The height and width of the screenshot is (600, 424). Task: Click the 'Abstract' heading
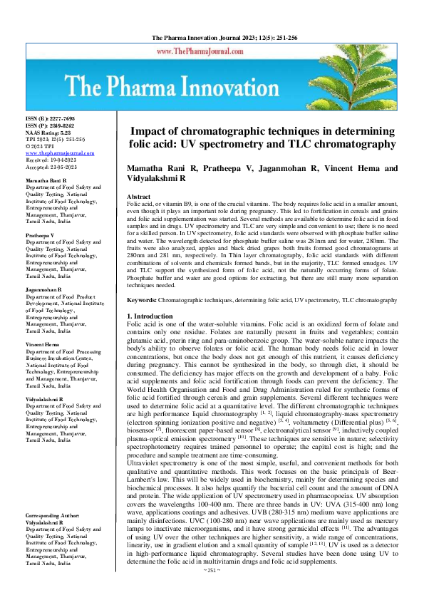138,195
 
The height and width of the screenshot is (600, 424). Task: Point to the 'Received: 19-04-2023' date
51,159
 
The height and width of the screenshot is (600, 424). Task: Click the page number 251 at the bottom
212,591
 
